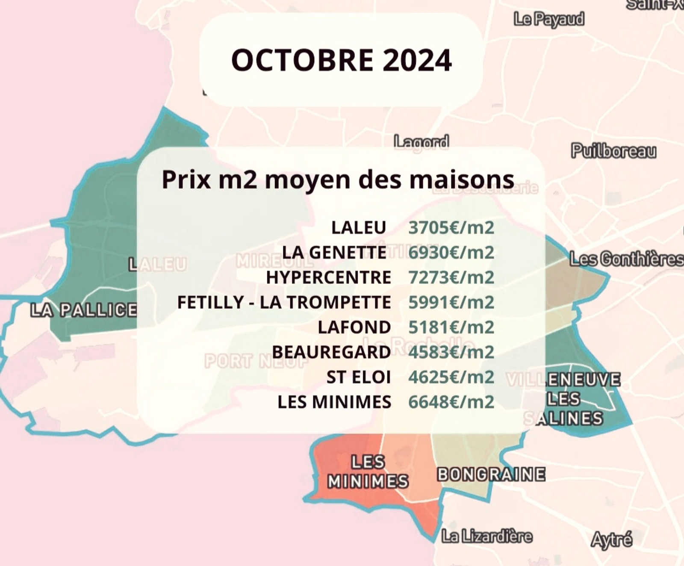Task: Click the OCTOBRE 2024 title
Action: tap(341, 60)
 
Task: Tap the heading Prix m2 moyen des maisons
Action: tap(338, 180)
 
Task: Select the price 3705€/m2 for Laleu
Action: tap(451, 228)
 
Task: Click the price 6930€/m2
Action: tap(451, 253)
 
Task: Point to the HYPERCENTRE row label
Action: tap(328, 277)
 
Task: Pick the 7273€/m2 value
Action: tap(451, 277)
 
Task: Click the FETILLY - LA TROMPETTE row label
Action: tap(284, 303)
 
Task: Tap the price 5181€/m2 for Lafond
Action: tap(451, 327)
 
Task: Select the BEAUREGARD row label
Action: tap(331, 352)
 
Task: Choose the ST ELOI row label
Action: tap(359, 377)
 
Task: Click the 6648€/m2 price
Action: tap(451, 402)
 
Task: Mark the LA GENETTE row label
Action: tap(334, 253)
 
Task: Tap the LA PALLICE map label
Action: tap(84, 310)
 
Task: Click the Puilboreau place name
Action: tap(613, 151)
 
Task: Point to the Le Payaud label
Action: tap(549, 19)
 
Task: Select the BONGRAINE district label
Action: tap(491, 475)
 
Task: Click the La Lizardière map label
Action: tap(487, 536)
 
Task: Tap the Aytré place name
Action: tap(611, 540)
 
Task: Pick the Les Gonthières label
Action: tap(626, 259)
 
